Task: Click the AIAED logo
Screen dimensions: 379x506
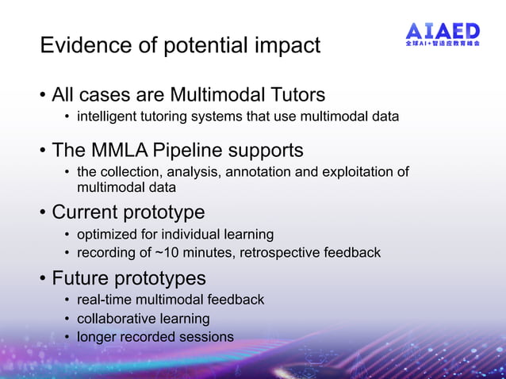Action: coord(443,35)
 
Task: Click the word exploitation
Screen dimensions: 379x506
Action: coord(355,172)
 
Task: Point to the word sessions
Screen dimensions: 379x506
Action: coord(208,337)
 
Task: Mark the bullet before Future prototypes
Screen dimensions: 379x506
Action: coord(43,279)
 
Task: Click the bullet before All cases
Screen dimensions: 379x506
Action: coord(43,96)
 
